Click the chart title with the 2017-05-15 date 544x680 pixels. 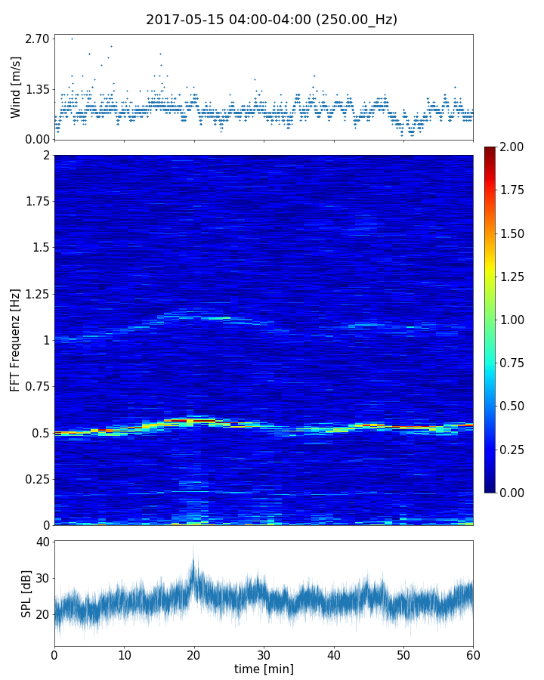[271, 20]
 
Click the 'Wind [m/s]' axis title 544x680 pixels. [16, 87]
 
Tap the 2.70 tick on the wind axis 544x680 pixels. [38, 39]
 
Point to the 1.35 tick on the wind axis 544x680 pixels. [38, 89]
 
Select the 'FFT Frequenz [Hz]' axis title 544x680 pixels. [16, 340]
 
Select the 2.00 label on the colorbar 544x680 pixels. [513, 147]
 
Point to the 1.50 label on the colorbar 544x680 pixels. [513, 233]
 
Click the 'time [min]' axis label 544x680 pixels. [264, 669]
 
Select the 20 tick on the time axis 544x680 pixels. [194, 654]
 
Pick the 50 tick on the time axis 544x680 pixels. [403, 654]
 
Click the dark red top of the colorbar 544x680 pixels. [490, 150]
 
